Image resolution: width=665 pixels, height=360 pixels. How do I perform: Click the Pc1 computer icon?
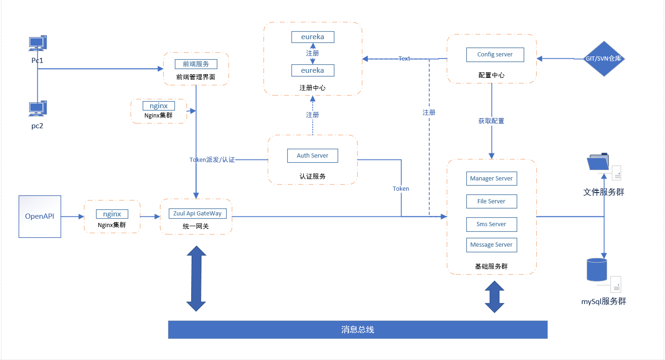(x=37, y=43)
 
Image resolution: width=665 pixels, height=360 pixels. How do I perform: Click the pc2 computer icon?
(x=37, y=109)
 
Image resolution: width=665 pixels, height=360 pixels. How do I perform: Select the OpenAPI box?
(x=40, y=216)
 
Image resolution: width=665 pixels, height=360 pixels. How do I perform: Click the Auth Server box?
(x=312, y=156)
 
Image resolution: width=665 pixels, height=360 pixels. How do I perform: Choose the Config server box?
(x=495, y=55)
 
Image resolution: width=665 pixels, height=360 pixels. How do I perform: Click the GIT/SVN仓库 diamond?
(x=604, y=59)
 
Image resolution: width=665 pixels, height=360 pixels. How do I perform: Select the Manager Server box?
(x=491, y=179)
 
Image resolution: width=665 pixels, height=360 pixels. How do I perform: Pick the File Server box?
(x=491, y=201)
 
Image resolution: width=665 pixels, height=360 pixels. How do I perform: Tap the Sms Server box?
(x=491, y=224)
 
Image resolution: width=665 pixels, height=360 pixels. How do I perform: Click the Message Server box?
(x=491, y=245)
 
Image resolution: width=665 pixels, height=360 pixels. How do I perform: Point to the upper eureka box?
(x=312, y=37)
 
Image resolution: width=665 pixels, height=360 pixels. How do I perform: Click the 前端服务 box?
(x=196, y=64)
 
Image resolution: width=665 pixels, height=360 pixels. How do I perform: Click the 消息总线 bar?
(x=358, y=330)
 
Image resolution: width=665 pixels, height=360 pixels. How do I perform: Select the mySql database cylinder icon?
(x=597, y=270)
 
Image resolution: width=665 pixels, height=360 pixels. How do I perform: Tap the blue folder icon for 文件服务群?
(x=599, y=163)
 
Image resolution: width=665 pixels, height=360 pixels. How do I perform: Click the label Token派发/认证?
(x=212, y=160)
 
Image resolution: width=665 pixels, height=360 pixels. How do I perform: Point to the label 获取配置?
(x=491, y=121)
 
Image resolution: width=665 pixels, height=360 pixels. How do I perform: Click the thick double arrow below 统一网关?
(x=196, y=278)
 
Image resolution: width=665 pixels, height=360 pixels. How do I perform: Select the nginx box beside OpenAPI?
(x=112, y=214)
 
